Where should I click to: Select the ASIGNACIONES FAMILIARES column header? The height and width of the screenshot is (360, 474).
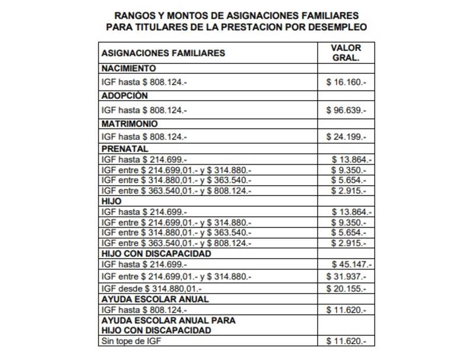tap(164, 53)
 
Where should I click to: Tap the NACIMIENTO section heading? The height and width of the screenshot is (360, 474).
tap(129, 68)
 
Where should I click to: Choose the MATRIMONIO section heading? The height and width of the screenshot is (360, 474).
tap(130, 124)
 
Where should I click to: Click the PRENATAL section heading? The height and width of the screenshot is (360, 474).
tap(124, 149)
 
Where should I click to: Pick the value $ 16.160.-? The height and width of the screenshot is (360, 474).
tap(347, 82)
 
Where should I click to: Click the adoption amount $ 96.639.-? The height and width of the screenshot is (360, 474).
tap(347, 110)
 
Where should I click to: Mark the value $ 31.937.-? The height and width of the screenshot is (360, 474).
tap(347, 277)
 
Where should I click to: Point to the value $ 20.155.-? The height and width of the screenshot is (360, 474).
tap(347, 288)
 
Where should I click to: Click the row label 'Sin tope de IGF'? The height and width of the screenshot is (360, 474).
tap(131, 342)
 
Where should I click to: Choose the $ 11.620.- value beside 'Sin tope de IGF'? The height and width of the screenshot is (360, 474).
tap(347, 342)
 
